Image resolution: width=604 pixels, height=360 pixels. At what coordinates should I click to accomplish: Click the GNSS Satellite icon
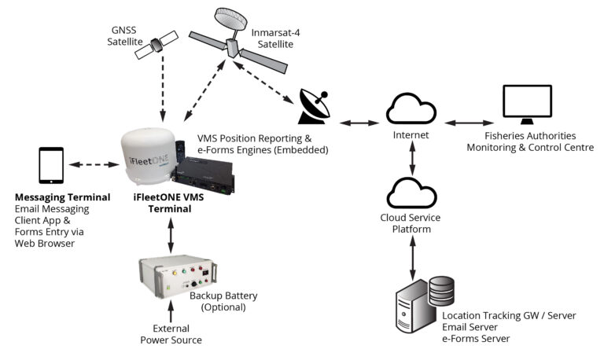tap(155, 47)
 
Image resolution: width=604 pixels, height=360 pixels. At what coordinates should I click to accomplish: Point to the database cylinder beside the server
tap(442, 290)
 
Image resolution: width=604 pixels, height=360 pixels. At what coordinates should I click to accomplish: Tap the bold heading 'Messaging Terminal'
tap(62, 196)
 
